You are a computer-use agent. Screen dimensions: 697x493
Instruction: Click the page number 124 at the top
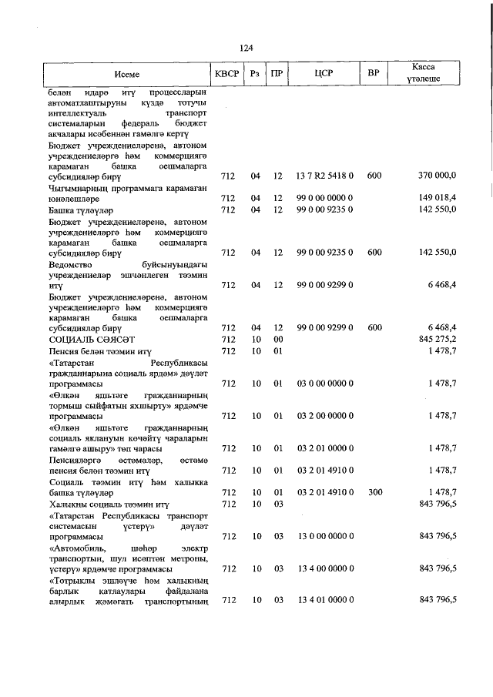pyautogui.click(x=246, y=48)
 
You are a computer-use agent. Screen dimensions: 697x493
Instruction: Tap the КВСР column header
pyautogui.click(x=226, y=75)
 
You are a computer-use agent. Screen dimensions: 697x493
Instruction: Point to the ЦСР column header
pyautogui.click(x=324, y=75)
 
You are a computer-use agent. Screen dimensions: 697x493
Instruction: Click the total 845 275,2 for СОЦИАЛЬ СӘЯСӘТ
pyautogui.click(x=437, y=339)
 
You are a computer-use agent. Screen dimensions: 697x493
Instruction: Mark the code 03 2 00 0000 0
pyautogui.click(x=324, y=416)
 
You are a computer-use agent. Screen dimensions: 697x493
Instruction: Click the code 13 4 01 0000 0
pyautogui.click(x=324, y=600)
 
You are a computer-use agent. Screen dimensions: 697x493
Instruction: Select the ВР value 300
pyautogui.click(x=374, y=492)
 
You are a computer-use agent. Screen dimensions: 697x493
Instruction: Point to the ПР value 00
pyautogui.click(x=278, y=339)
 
